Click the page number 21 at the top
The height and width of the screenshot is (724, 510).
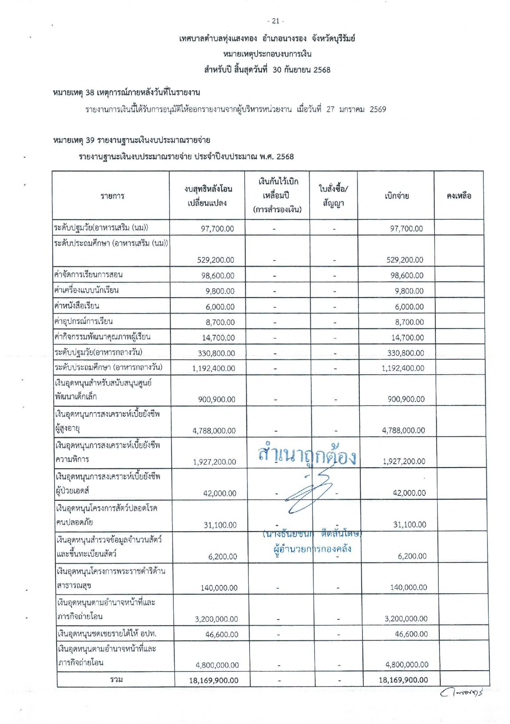tap(275, 21)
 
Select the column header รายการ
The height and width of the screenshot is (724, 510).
tap(112, 196)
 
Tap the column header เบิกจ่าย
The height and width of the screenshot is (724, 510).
tap(397, 196)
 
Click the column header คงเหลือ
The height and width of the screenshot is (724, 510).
tap(459, 196)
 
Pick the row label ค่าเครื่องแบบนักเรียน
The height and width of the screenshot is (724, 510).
tap(87, 290)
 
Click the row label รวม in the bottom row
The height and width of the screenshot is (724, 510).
tap(117, 679)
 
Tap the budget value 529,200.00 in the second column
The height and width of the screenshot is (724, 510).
tap(215, 260)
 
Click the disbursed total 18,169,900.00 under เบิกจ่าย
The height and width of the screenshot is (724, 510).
tap(403, 679)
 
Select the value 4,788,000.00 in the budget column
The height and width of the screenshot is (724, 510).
tap(214, 430)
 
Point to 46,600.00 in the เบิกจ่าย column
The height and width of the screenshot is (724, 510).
tap(411, 634)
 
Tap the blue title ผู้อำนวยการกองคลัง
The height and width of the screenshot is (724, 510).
tap(312, 549)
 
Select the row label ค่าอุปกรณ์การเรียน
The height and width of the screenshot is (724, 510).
tap(84, 321)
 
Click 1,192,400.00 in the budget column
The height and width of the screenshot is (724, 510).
tap(213, 368)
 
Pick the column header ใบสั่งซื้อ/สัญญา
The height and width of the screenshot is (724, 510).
tap(333, 196)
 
